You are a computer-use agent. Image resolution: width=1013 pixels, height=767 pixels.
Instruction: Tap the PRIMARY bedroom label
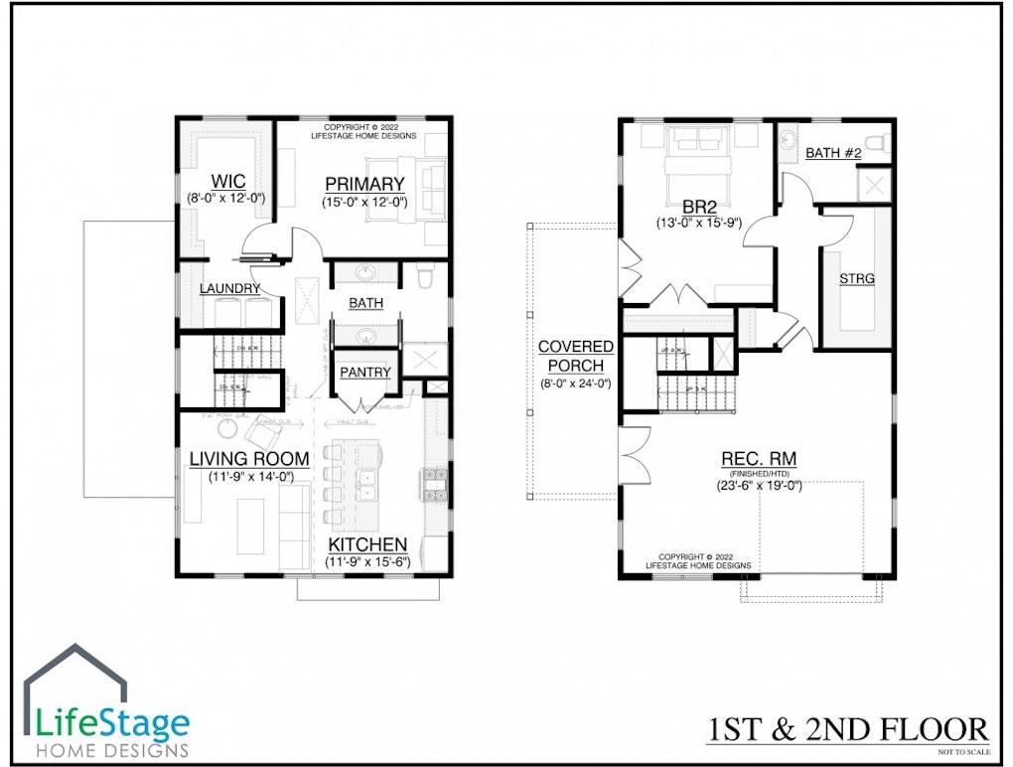364,184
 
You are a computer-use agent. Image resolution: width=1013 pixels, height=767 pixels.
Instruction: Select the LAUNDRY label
229,289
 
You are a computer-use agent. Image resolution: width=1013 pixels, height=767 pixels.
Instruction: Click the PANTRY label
365,373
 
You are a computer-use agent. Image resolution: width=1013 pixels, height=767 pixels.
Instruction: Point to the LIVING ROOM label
249,459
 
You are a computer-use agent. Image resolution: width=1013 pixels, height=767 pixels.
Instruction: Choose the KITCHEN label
367,544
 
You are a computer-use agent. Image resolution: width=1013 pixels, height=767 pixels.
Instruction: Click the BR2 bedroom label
701,207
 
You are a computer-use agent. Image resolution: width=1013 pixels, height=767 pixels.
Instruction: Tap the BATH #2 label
832,153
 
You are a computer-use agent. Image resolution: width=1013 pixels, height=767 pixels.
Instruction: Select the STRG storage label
856,279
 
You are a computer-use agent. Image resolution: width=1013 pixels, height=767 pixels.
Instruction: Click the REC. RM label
759,459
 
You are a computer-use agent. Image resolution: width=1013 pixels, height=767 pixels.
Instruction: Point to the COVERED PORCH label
575,356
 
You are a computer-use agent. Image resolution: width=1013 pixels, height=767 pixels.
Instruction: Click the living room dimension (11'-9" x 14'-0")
249,477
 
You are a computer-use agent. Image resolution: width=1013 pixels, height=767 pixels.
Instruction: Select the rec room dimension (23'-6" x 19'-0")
760,487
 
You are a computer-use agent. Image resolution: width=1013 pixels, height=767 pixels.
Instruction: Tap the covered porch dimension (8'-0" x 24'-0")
575,383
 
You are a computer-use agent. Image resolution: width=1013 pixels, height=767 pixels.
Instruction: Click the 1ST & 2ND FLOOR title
847,730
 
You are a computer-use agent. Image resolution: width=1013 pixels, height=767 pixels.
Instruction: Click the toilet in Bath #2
878,143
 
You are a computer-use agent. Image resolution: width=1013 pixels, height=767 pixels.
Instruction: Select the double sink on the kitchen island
367,484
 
